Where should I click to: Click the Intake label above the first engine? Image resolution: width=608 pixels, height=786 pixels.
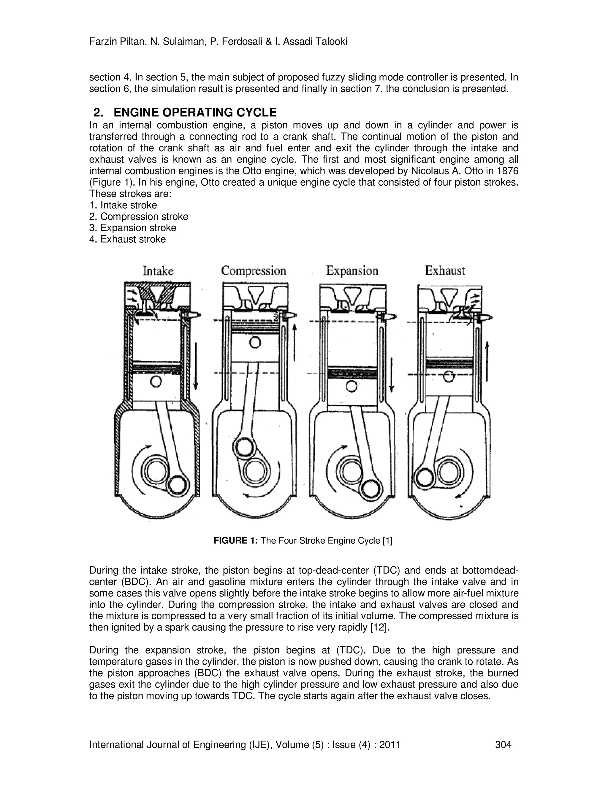(158, 271)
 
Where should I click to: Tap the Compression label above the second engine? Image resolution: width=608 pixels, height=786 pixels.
(254, 271)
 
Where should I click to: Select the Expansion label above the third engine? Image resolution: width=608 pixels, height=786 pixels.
(352, 271)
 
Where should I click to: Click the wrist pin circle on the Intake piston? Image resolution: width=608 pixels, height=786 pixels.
(156, 381)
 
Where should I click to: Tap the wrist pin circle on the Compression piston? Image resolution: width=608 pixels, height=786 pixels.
(255, 342)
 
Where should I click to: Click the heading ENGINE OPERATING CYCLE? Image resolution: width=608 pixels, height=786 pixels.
(195, 113)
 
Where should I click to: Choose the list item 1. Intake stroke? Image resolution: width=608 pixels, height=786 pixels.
(123, 205)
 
